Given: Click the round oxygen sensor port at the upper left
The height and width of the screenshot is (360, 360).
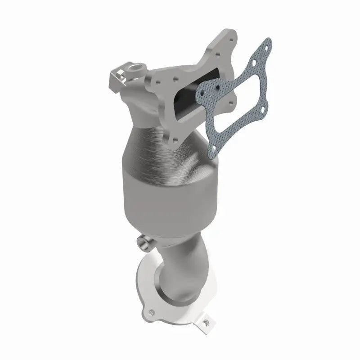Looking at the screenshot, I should click(x=135, y=67).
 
